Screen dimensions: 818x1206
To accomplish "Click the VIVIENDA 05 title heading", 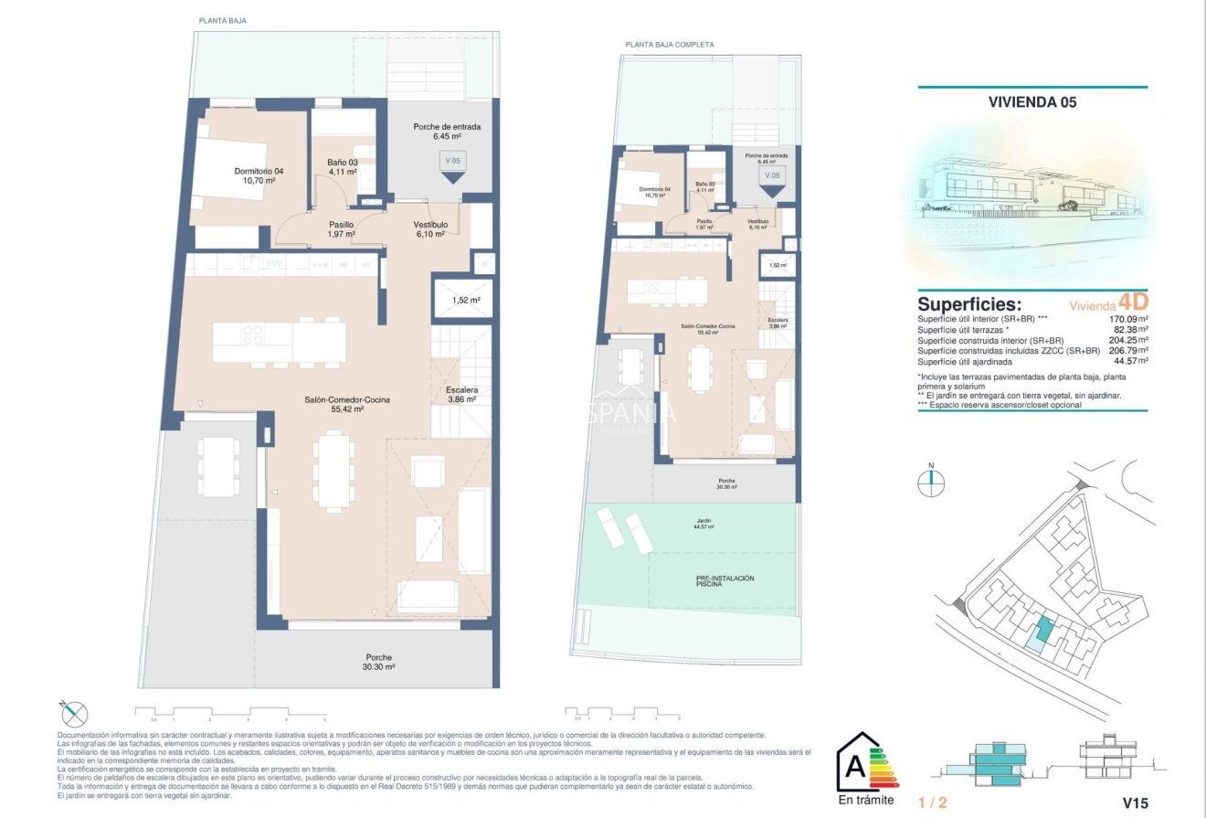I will point(1032,102).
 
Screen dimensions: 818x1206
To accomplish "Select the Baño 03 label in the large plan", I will point(345,167).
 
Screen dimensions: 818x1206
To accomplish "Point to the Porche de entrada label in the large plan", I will point(446,132).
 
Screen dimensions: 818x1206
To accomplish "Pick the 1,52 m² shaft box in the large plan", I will point(466,299).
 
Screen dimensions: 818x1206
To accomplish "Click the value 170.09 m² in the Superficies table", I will point(1129,319).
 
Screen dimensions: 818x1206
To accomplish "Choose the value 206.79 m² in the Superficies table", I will point(1129,350).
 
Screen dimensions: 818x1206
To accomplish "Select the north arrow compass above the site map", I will point(931,482).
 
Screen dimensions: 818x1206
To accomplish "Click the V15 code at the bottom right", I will point(1134,803).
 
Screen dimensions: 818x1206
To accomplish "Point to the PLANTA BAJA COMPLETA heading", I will point(670,44).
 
